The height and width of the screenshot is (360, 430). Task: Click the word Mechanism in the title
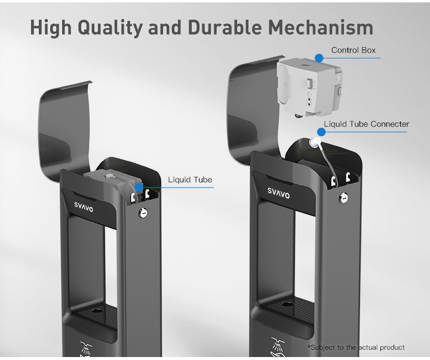(321, 27)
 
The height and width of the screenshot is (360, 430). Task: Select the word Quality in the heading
(110, 28)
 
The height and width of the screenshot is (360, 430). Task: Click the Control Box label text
(353, 50)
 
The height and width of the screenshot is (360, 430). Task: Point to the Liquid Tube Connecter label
(366, 124)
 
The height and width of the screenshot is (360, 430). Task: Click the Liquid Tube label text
(190, 180)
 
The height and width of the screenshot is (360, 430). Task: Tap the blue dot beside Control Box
(319, 58)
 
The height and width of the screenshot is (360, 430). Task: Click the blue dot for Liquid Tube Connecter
(321, 132)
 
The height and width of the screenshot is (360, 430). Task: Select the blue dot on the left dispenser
(139, 187)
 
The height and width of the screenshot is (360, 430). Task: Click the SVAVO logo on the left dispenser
(84, 207)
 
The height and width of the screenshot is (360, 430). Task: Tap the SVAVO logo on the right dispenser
(279, 193)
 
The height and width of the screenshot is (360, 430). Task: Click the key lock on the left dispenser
(143, 213)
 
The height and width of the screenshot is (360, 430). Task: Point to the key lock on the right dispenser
(343, 198)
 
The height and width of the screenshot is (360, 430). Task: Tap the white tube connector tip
(315, 142)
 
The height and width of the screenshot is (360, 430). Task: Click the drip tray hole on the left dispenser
(96, 310)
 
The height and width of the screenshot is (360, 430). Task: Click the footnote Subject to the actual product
(356, 347)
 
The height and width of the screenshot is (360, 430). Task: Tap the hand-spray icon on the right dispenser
(278, 347)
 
